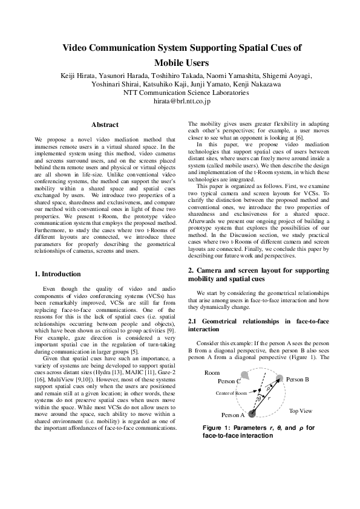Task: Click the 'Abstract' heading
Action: pyautogui.click(x=104, y=125)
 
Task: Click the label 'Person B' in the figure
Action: pyautogui.click(x=298, y=379)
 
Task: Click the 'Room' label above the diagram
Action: pyautogui.click(x=212, y=373)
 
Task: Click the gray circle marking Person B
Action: pyautogui.click(x=279, y=378)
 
